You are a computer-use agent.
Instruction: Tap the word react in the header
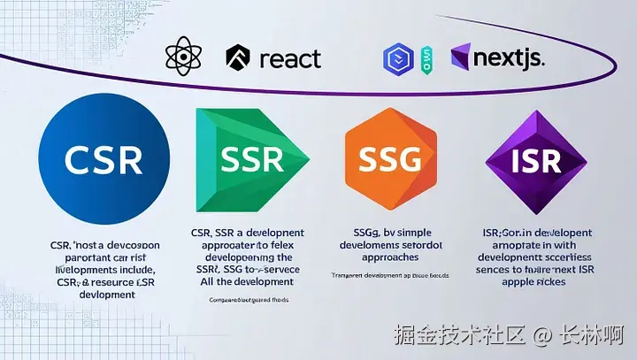point(290,58)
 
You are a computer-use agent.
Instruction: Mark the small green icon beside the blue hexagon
point(426,59)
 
